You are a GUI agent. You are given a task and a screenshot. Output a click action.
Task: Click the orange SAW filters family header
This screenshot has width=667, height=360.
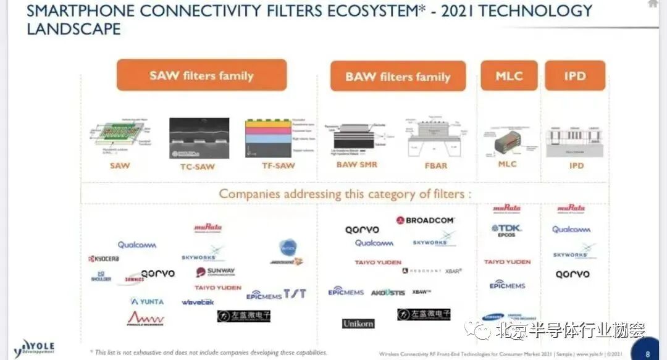pyautogui.click(x=201, y=75)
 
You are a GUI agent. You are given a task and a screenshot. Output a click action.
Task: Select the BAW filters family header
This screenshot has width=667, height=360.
pyautogui.click(x=398, y=77)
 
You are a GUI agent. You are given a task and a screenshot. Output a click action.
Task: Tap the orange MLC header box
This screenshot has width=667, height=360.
pyautogui.click(x=509, y=76)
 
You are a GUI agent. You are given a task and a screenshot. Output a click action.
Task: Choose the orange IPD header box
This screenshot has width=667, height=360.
pyautogui.click(x=574, y=76)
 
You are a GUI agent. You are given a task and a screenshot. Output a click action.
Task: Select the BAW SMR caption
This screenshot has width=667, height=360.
pyautogui.click(x=357, y=165)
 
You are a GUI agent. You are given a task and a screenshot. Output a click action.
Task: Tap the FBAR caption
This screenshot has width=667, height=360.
pyautogui.click(x=435, y=165)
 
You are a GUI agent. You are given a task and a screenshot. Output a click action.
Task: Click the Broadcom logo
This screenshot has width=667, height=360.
pyautogui.click(x=426, y=220)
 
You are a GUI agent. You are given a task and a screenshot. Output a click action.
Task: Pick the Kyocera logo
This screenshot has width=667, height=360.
pyautogui.click(x=104, y=259)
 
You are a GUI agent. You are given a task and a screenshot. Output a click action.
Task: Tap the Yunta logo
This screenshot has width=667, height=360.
pyautogui.click(x=147, y=301)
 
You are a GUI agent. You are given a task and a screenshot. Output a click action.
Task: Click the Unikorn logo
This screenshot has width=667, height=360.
pyautogui.click(x=358, y=324)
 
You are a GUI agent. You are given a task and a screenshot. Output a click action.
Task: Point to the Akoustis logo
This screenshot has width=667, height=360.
pyautogui.click(x=388, y=292)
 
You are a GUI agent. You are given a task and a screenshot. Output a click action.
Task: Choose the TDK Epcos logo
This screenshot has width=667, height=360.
pyautogui.click(x=507, y=230)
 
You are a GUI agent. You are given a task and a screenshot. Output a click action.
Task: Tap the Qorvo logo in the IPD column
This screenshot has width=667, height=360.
pyautogui.click(x=572, y=274)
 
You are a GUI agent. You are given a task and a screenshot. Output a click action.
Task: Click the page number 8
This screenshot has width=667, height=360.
pyautogui.click(x=647, y=354)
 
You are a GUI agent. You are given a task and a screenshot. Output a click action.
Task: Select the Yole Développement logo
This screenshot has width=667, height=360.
pyautogui.click(x=35, y=348)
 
